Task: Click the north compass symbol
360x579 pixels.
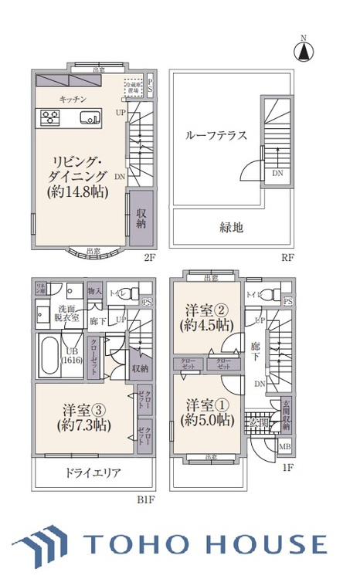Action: (304, 51)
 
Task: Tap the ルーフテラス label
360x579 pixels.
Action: (216, 136)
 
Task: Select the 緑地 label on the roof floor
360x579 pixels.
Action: (232, 227)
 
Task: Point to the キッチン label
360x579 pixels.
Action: (73, 100)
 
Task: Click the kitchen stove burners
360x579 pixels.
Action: (50, 118)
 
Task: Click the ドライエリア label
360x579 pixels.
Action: (92, 473)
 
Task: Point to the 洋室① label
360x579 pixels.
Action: (206, 413)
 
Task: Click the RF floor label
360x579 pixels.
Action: (287, 258)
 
